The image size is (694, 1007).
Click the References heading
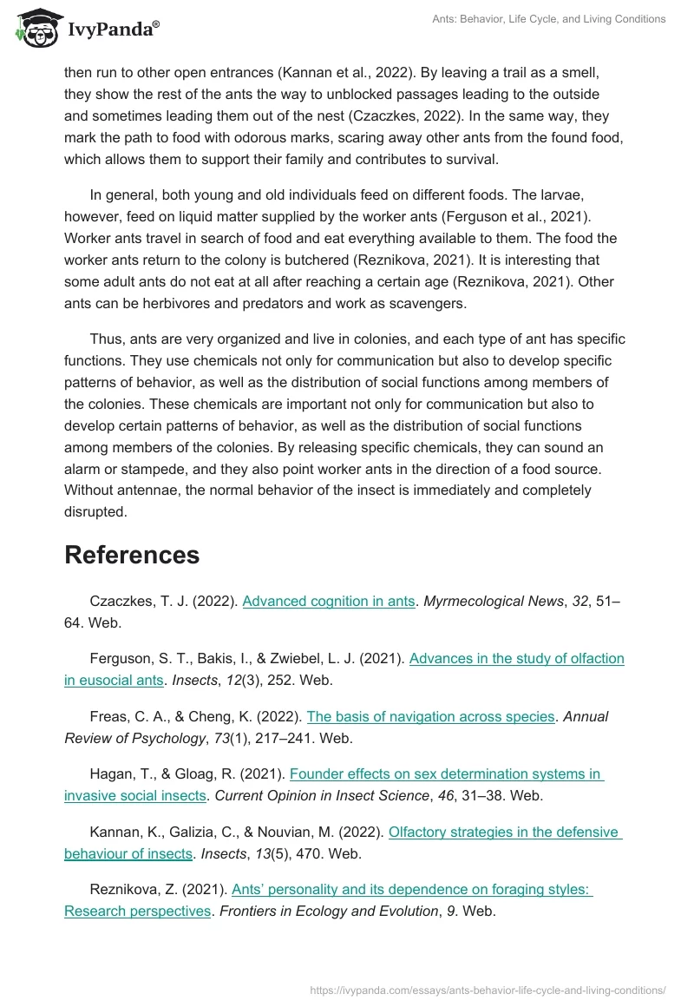tap(132, 555)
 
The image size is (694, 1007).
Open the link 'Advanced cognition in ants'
tap(329, 601)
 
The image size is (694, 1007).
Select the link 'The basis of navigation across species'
tap(430, 716)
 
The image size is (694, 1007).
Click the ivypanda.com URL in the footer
tap(488, 989)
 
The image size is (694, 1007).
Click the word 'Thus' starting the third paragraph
tap(106, 339)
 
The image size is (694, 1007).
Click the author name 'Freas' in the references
tap(108, 716)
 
